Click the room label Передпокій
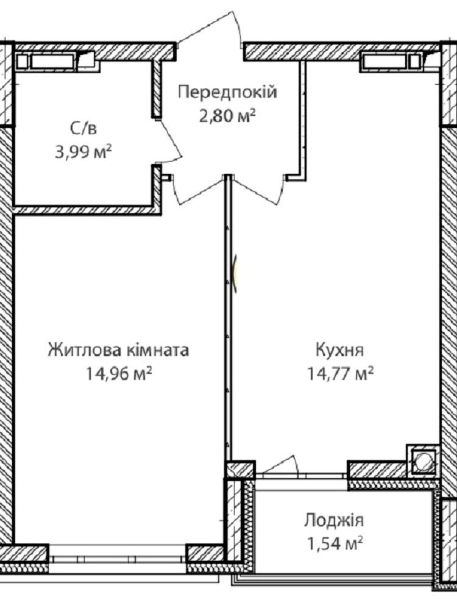pos(227,93)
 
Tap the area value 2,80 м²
pos(227,116)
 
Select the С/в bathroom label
pos(83,128)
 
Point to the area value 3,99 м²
pos(83,151)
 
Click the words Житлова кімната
pos(119,349)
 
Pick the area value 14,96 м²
pos(119,373)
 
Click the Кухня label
pos(339,349)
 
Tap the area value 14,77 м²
pos(339,373)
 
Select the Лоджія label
pos(334,520)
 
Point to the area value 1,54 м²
pos(334,544)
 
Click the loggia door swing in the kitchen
pos(278,465)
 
